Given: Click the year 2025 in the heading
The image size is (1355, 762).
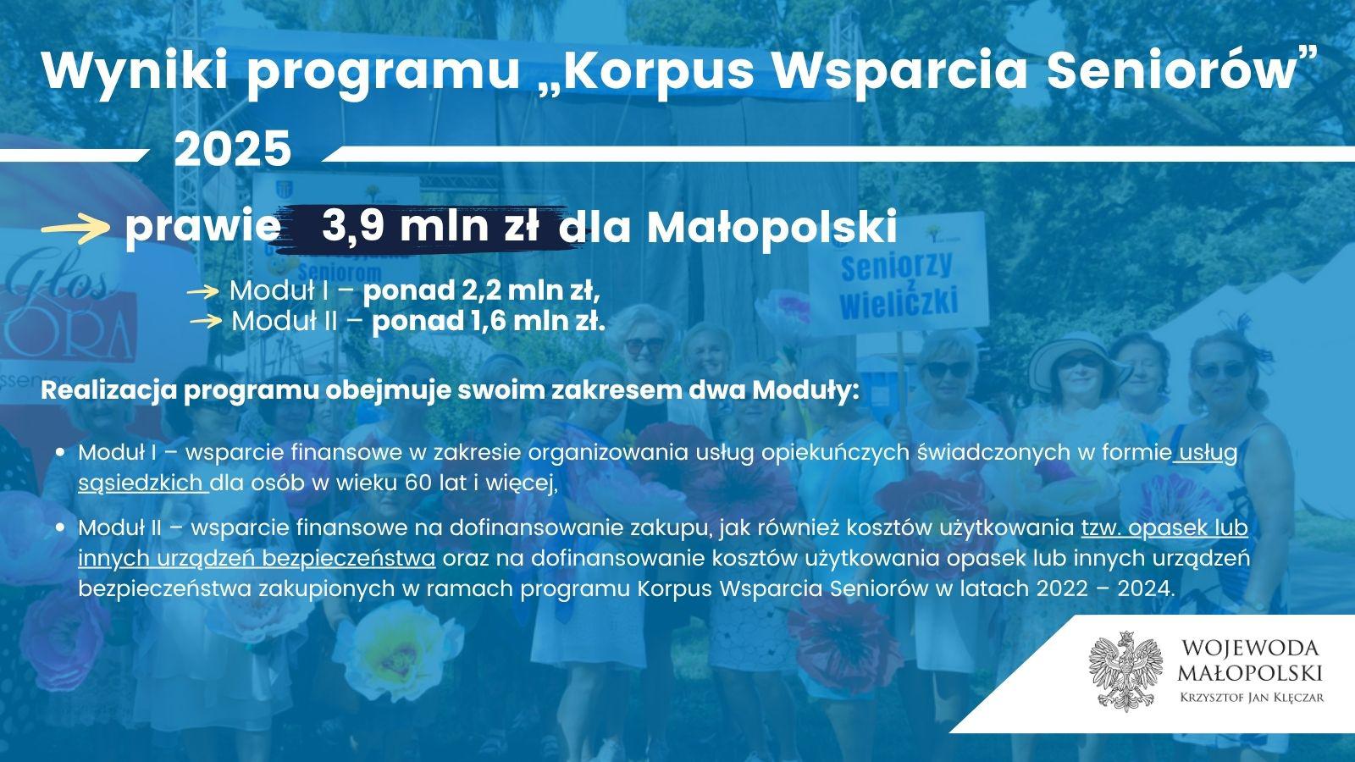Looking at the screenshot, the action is pos(233,149).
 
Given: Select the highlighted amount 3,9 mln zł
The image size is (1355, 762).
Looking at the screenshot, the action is pos(430,226).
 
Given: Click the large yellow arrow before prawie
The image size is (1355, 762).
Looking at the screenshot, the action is pos(75,229).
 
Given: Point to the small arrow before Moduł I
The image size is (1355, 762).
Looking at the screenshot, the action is pos(202,293).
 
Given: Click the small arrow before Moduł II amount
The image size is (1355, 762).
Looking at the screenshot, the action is pos(207,321).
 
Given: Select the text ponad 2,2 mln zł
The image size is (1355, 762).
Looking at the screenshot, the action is pos(482,291).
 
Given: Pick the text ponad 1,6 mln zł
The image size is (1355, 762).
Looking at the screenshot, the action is pos(489,321).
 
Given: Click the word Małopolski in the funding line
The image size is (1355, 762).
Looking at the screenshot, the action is pos(772,228).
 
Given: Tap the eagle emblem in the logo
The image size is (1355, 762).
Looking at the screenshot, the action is pos(1125,671).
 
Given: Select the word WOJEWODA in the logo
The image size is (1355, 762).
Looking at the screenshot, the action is pos(1250,649).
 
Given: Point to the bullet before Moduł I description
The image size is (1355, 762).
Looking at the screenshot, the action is pos(59,452).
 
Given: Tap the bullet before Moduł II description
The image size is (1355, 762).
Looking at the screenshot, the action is pos(59,527).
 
